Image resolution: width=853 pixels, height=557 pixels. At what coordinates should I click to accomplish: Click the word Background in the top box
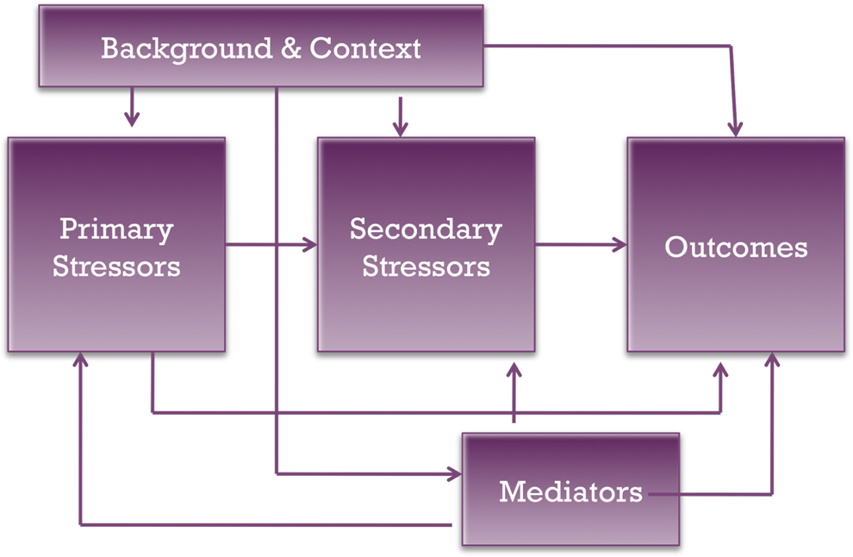coord(187,49)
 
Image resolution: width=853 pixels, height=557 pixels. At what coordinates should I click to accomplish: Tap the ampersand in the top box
coord(291,48)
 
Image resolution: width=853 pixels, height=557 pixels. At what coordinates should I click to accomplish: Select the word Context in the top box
coord(365,48)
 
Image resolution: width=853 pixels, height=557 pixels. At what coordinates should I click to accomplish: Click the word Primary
coord(116,230)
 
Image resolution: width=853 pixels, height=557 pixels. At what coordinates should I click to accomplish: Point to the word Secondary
coord(426,230)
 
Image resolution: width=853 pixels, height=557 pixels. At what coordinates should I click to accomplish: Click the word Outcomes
coord(736,247)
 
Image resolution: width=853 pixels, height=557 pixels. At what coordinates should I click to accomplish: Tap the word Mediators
coord(570,491)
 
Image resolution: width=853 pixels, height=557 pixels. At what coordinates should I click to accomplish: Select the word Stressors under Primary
coord(116,266)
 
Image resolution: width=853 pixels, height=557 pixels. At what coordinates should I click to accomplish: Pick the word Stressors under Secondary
coord(426,266)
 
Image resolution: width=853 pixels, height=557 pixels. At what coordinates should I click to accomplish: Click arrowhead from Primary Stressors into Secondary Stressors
coord(310,245)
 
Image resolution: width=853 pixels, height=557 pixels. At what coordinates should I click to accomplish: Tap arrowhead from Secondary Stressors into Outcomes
coord(620,245)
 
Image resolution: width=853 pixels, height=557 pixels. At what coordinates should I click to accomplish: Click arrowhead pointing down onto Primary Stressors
coord(132,119)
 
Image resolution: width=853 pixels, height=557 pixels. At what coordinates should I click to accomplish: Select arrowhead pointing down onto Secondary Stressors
coord(401,129)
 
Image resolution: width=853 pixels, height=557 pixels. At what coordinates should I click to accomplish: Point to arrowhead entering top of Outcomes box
coord(736,129)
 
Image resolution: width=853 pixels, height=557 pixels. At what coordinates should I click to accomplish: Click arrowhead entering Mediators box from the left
coord(455,474)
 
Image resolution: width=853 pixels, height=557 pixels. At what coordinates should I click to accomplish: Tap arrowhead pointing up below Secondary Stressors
coord(514,371)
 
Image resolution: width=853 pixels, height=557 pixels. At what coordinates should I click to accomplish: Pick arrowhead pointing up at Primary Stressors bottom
coord(80,360)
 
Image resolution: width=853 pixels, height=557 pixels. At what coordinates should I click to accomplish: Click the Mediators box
coord(570,489)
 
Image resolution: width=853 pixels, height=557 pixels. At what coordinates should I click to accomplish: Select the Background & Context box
coord(261,47)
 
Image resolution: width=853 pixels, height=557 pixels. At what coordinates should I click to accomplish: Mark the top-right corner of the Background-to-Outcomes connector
coord(731,46)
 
